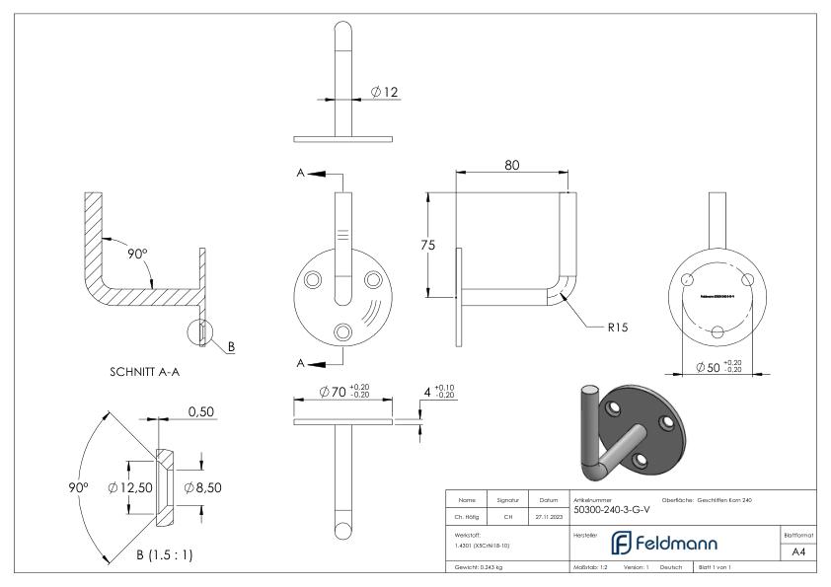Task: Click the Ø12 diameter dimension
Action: point(384,92)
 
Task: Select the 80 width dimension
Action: point(511,165)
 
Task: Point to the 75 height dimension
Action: point(427,246)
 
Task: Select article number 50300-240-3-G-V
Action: point(612,510)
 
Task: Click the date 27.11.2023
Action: point(548,516)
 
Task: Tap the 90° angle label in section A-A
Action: point(137,254)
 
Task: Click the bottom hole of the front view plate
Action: point(342,330)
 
